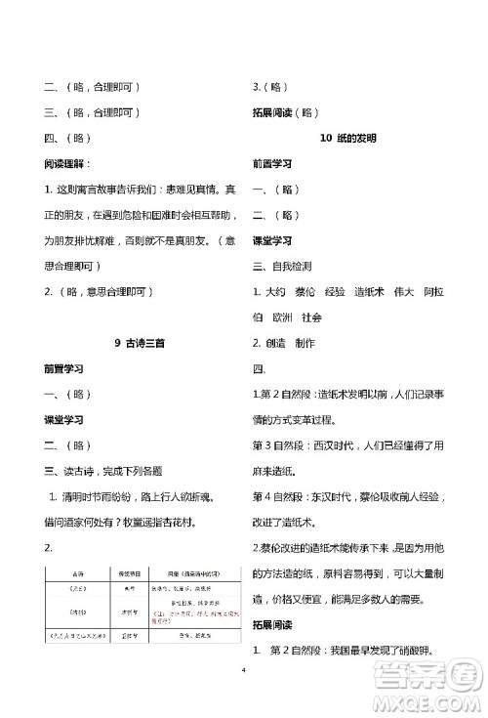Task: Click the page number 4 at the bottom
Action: [243, 670]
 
